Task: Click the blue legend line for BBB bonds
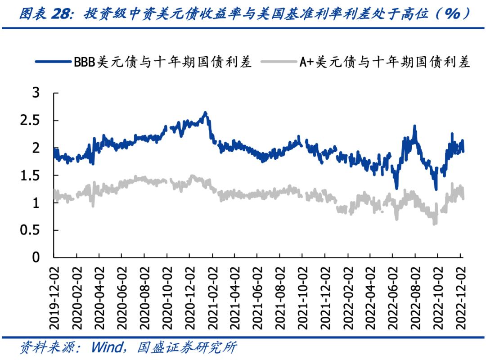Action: [54, 61]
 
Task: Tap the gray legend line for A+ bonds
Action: [279, 61]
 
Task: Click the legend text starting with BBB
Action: [162, 61]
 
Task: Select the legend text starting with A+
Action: [385, 61]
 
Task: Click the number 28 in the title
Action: [61, 14]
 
